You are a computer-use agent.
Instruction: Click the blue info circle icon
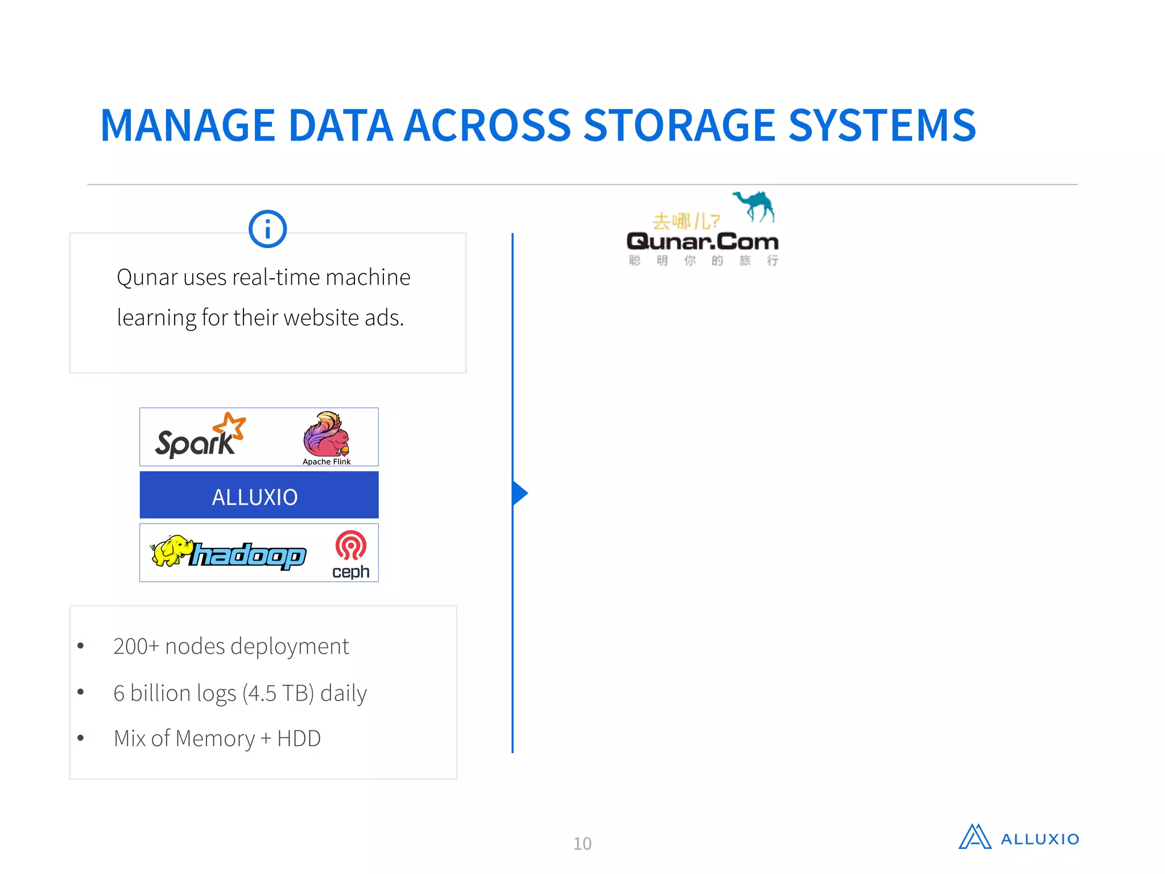267,229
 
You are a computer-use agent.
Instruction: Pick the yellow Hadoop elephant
171,551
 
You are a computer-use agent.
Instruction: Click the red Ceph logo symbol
351,545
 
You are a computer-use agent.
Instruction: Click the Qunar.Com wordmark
703,242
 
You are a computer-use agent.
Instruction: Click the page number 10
582,843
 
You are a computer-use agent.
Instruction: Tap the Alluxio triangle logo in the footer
975,837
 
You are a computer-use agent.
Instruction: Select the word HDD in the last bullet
299,739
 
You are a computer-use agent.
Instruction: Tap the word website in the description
321,318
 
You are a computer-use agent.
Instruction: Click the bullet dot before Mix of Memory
81,739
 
